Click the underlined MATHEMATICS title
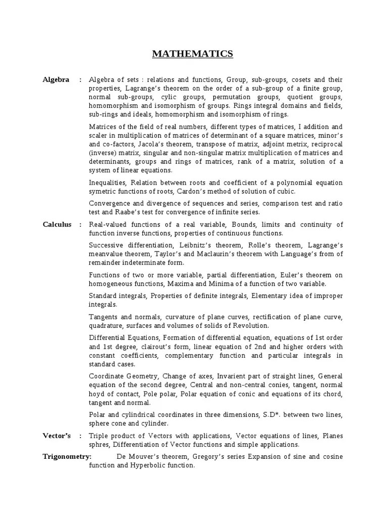coord(192,54)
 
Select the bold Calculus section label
coord(57,225)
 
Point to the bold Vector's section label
coord(57,436)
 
